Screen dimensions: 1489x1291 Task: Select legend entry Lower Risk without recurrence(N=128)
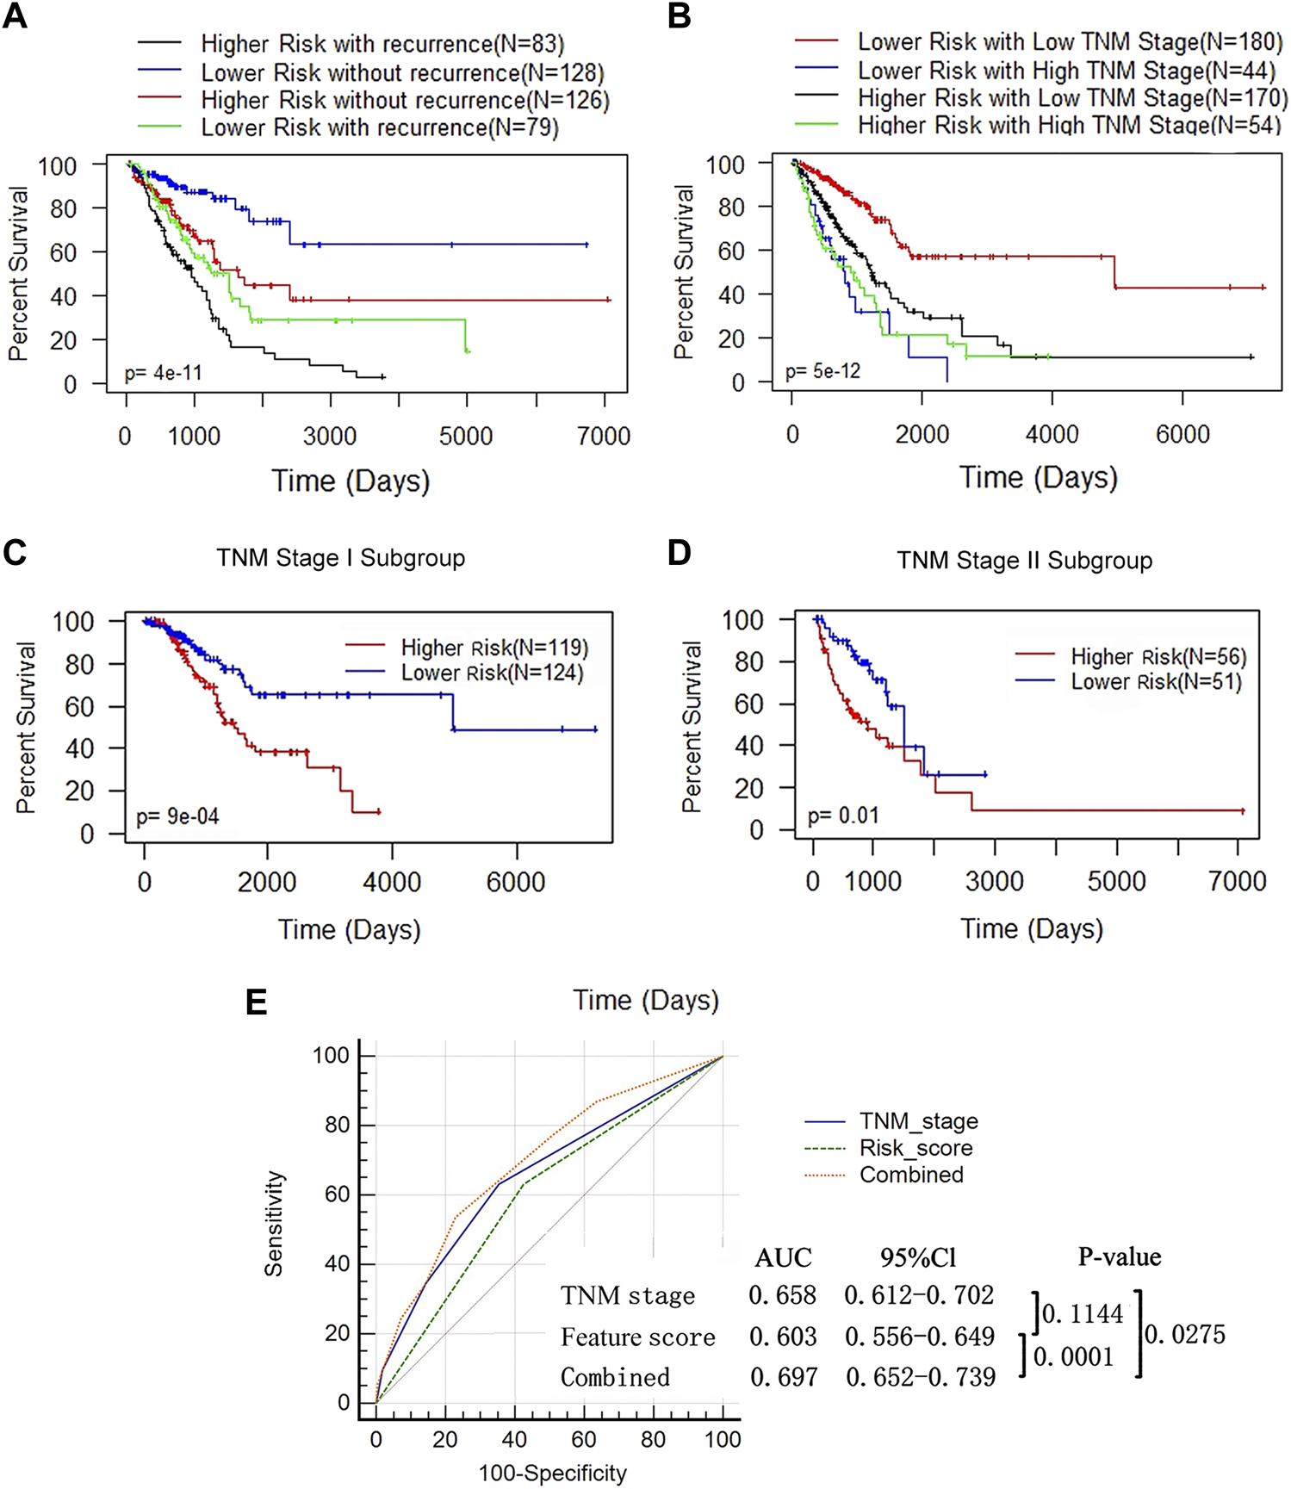point(402,72)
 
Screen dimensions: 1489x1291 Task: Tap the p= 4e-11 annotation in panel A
point(163,373)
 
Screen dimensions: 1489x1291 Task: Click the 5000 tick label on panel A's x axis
point(466,436)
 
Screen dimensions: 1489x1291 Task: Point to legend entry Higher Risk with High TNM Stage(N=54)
point(1068,126)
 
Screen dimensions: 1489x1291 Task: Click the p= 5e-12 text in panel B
point(822,371)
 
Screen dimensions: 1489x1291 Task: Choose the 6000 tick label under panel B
point(1182,434)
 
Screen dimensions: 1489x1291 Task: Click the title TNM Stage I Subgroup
point(340,558)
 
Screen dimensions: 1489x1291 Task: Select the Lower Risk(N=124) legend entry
point(492,673)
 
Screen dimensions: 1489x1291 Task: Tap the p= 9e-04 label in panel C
point(177,816)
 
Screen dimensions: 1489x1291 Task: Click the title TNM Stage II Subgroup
point(1024,561)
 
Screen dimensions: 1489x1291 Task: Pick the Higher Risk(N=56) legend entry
point(1158,656)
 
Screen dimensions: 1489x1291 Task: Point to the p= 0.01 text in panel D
point(843,815)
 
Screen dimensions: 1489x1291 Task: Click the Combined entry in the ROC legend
point(911,1175)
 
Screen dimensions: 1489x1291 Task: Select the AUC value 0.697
point(784,1377)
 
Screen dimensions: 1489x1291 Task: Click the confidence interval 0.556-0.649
point(920,1337)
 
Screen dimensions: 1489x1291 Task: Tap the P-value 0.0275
point(1185,1335)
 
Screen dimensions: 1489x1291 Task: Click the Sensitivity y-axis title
point(274,1223)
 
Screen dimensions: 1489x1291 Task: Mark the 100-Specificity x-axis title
point(553,1473)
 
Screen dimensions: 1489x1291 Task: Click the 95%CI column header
point(918,1258)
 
